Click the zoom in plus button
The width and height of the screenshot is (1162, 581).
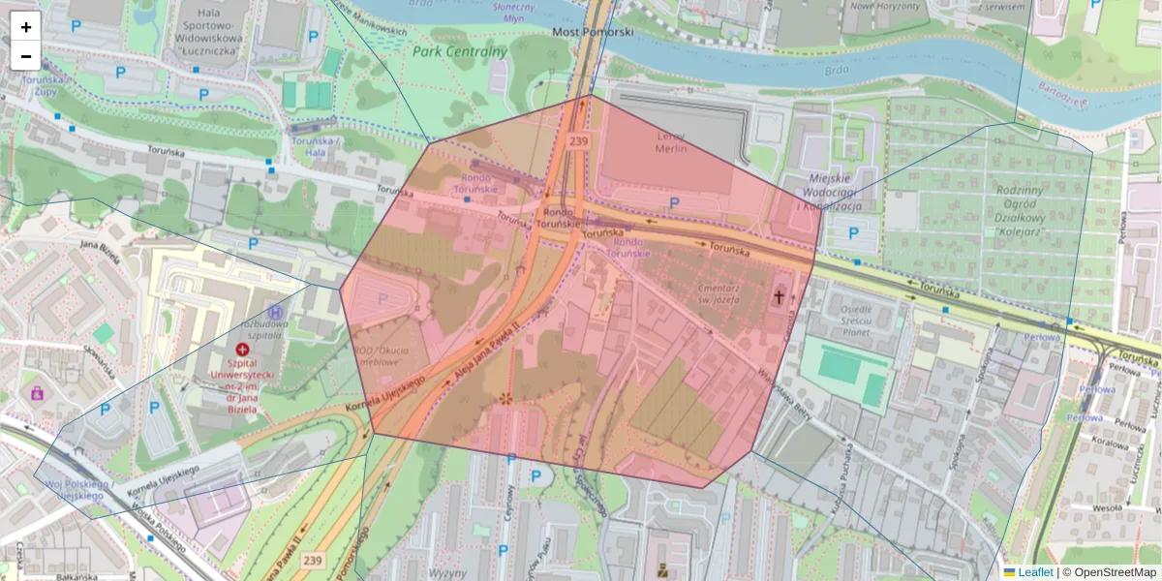coord(26,27)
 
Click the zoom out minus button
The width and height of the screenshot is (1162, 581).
coord(26,56)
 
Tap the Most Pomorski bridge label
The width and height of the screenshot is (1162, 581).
coord(593,32)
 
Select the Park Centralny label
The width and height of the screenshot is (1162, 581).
coord(460,51)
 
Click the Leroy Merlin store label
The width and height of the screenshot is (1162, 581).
coord(671,141)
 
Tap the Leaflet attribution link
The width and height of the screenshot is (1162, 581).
coord(1034,572)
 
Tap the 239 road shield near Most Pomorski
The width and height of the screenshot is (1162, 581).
coord(579,141)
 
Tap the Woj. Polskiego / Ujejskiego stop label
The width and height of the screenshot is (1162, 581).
coord(80,489)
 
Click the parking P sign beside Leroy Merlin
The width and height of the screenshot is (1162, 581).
coord(674,202)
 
